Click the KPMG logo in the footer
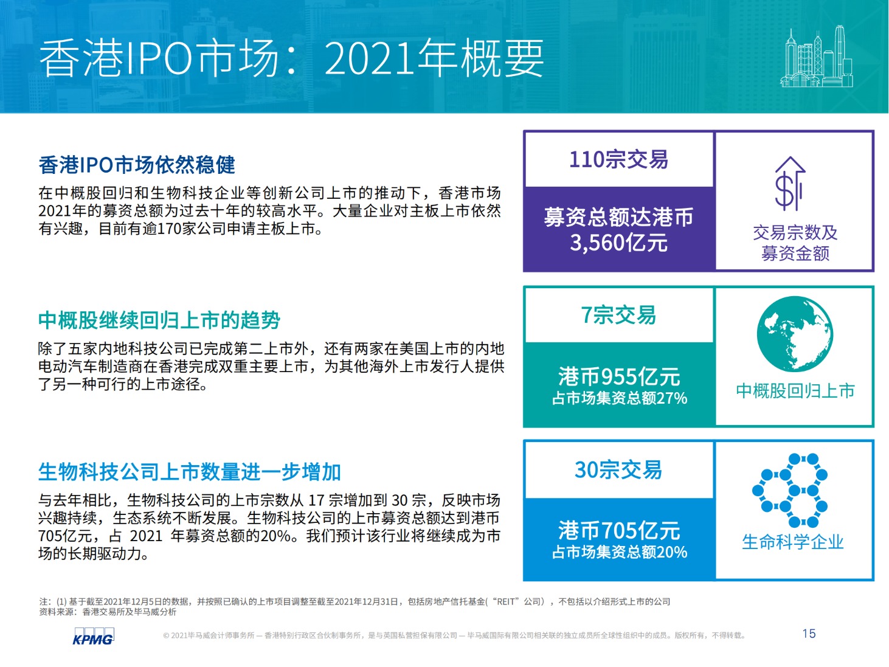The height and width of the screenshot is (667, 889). coord(93,636)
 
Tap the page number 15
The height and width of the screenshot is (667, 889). coord(809,634)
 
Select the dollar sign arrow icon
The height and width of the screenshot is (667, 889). coord(790,184)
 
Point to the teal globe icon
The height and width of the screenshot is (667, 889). coord(795,334)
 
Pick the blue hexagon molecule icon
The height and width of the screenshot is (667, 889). coord(790,490)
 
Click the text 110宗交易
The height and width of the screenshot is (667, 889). coord(618,159)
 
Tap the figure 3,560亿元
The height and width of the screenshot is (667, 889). coord(618,243)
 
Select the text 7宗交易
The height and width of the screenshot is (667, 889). coord(618,315)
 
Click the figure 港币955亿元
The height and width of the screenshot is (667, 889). coord(619,376)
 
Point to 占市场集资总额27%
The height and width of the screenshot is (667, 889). coord(619,398)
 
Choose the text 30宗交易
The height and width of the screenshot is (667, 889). coord(618,469)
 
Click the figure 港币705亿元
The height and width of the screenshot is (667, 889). coord(619,530)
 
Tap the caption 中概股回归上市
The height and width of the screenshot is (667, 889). coord(795,391)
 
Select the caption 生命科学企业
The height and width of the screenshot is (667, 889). coord(792,542)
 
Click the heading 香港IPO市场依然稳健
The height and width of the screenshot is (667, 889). coord(137,165)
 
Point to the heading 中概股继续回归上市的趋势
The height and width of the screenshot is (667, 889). coord(159,320)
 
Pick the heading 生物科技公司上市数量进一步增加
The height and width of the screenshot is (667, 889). coord(190,472)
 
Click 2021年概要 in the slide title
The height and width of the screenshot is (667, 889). coord(434,58)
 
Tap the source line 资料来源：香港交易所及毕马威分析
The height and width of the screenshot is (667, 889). coord(108,612)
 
